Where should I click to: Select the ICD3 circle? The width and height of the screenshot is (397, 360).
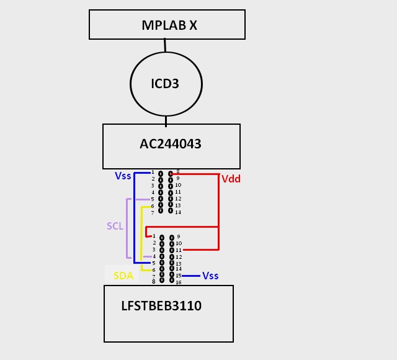click(x=165, y=83)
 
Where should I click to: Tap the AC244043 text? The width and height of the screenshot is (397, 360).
click(x=171, y=144)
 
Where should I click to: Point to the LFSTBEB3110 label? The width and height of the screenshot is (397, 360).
click(x=162, y=305)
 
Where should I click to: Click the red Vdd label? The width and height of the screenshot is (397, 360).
click(x=231, y=179)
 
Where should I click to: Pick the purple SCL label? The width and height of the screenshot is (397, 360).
click(x=115, y=226)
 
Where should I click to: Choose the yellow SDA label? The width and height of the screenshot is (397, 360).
click(x=123, y=276)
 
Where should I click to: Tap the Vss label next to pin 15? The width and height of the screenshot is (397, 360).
click(x=210, y=276)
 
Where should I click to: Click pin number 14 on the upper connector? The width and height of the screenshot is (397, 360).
click(x=178, y=212)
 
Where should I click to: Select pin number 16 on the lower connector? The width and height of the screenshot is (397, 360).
click(x=178, y=282)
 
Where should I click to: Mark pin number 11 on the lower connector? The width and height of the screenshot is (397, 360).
click(x=178, y=250)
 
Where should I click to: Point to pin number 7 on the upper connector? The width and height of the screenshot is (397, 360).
click(x=152, y=212)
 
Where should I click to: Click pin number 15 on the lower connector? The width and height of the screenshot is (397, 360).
click(x=178, y=276)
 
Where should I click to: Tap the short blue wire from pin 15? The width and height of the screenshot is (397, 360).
click(x=191, y=276)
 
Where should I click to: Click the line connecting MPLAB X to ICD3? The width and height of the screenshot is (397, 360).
click(x=164, y=45)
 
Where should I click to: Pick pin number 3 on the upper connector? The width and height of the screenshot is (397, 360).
click(x=152, y=186)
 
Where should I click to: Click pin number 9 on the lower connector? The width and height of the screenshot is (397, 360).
click(x=178, y=236)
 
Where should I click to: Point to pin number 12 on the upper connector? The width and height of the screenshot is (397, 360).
click(x=178, y=199)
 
